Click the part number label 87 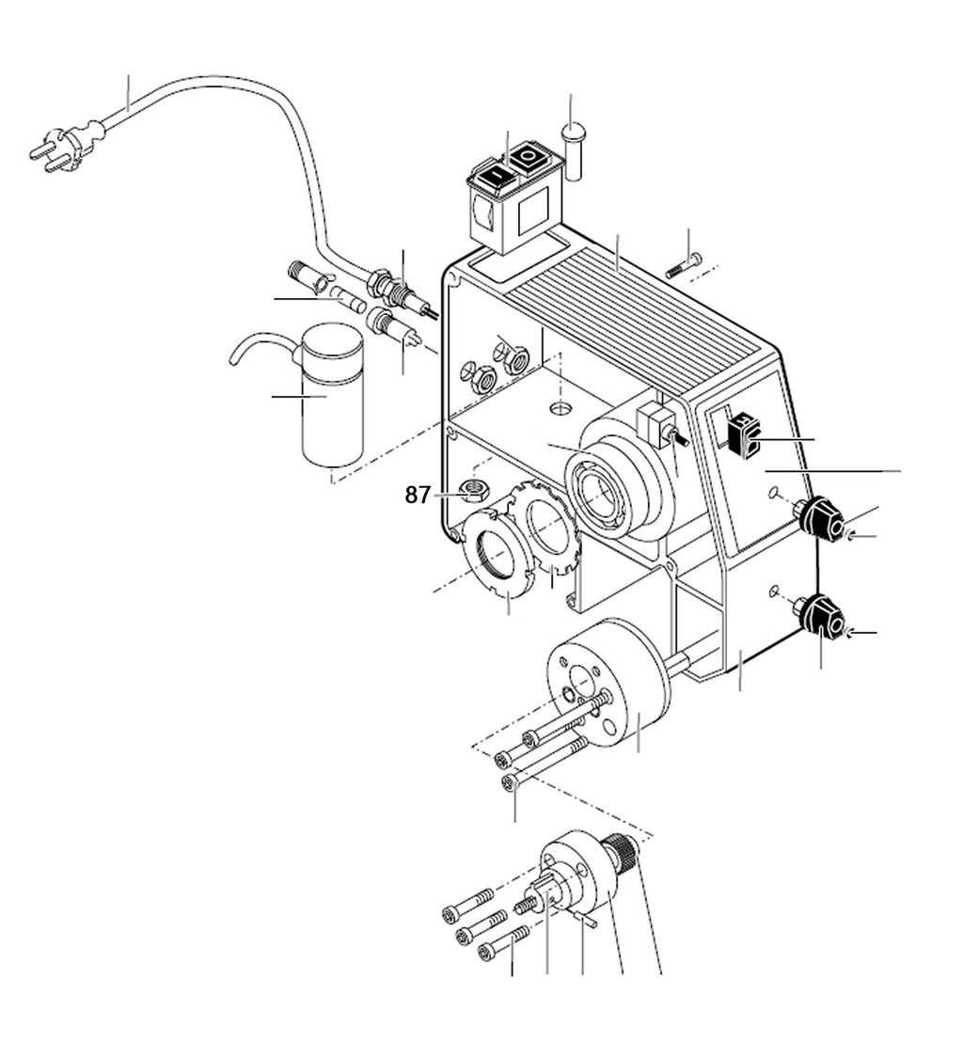418,495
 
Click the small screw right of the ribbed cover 683,266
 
